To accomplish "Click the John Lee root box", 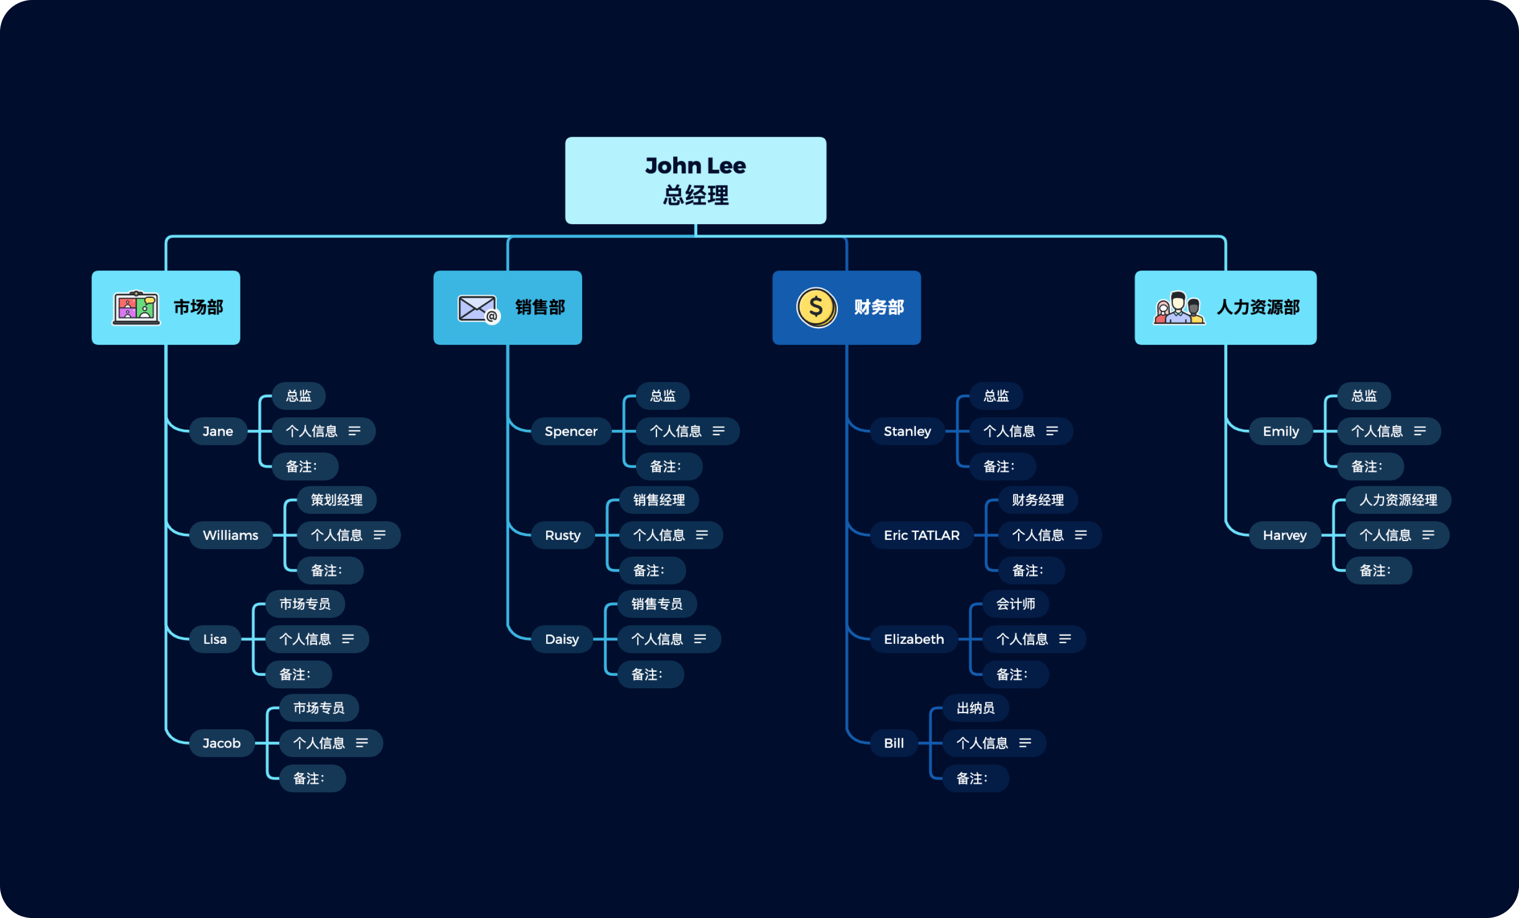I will click(695, 180).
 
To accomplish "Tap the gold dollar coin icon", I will click(816, 307).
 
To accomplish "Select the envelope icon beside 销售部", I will click(478, 308).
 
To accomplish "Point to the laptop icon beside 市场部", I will click(136, 308).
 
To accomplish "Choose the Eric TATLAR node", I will click(921, 535).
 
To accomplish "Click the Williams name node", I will click(230, 535).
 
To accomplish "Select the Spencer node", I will click(570, 431).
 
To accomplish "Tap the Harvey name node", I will click(1284, 535).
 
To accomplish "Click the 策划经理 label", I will click(336, 500).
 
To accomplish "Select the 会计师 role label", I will click(1015, 604).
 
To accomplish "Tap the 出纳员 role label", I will click(975, 708).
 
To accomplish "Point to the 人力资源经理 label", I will click(1397, 500).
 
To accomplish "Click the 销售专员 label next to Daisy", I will click(656, 604).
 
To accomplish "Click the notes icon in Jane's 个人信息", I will click(355, 431).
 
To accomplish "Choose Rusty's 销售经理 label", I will click(659, 500).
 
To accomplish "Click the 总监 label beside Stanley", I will click(995, 395).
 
